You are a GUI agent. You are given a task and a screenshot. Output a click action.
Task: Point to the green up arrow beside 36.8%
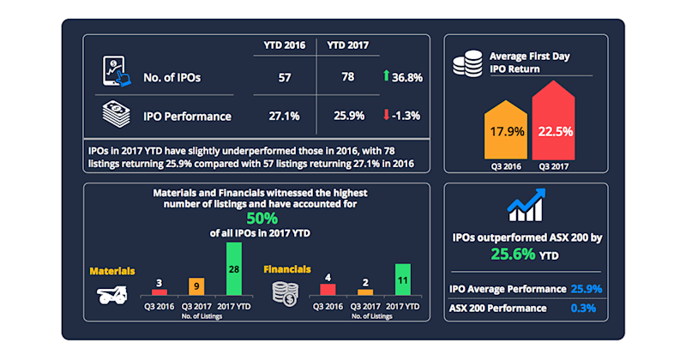[x=386, y=78]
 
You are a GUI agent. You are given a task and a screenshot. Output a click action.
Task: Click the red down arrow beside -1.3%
[x=386, y=114]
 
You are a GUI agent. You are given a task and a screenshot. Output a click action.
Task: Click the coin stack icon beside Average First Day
[x=467, y=64]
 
